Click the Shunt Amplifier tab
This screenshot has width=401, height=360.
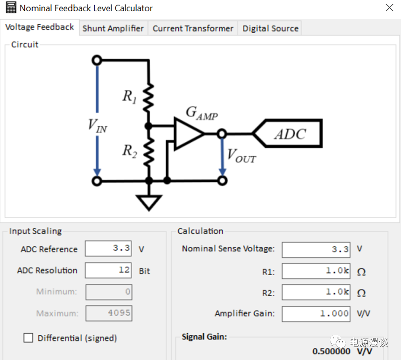[x=113, y=28]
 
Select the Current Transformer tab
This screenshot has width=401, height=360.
[x=193, y=28]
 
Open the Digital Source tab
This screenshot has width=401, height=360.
[x=270, y=28]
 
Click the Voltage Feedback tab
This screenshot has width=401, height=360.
[x=40, y=27]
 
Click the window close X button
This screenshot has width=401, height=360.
[x=389, y=8]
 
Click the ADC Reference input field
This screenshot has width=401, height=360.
[x=108, y=249]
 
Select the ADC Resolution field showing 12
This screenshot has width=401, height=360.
[x=108, y=270]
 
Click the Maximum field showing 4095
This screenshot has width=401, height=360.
[x=108, y=313]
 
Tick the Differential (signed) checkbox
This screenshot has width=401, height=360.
[x=28, y=338]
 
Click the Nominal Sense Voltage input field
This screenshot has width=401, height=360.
[x=316, y=249]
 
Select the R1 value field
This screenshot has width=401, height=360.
[x=316, y=271]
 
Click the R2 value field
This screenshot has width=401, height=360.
[x=316, y=292]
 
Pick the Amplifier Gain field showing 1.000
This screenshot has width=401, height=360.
[x=316, y=314]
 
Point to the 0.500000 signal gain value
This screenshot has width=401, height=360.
[x=331, y=351]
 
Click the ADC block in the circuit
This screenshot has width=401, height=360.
[x=290, y=134]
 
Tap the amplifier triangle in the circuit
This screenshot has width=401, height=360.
[x=188, y=134]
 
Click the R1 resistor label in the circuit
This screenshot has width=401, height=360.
[x=129, y=97]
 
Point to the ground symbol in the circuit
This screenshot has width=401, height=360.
[x=149, y=202]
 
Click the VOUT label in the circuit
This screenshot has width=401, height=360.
[x=241, y=156]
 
